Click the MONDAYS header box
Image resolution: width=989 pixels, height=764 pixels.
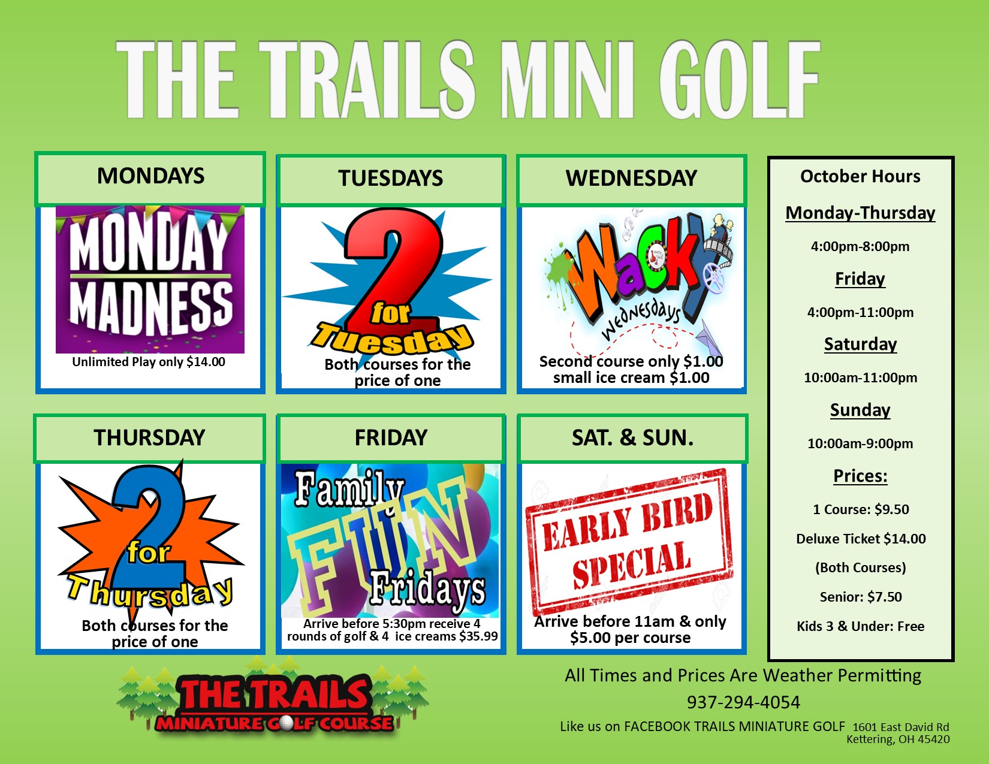click(150, 179)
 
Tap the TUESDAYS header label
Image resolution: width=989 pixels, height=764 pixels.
click(390, 178)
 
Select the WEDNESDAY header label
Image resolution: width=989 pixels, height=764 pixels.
click(631, 178)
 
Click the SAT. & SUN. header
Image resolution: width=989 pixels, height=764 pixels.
click(632, 438)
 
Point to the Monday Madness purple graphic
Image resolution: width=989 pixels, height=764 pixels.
click(150, 279)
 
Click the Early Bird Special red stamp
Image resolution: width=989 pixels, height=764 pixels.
click(629, 540)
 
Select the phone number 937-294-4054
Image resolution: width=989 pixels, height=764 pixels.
click(743, 702)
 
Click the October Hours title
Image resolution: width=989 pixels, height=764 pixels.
click(860, 176)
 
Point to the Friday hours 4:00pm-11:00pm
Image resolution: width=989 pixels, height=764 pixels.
click(860, 312)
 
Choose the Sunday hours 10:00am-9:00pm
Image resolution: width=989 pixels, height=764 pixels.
click(860, 443)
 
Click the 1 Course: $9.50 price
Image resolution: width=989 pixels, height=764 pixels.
click(861, 509)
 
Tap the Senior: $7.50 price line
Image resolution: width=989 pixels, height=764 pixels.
click(861, 597)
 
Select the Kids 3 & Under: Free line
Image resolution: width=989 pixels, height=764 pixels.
click(860, 626)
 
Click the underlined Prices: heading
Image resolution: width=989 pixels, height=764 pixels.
click(860, 476)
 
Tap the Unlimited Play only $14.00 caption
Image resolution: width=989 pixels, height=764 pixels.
click(149, 362)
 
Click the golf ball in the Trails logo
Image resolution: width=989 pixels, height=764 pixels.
click(287, 723)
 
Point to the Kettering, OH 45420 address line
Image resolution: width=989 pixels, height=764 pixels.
click(898, 739)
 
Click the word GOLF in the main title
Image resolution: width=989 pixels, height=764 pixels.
click(738, 80)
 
